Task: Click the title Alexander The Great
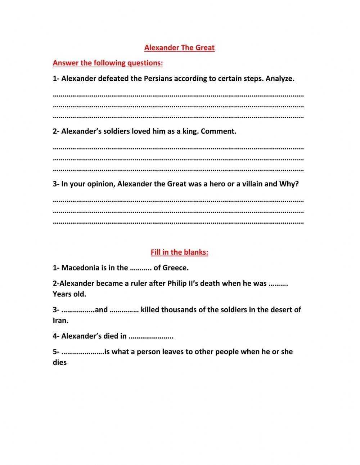coord(179,48)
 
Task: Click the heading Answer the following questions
coord(108,63)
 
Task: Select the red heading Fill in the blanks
coord(179,252)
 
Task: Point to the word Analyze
coord(280,79)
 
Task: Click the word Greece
coord(175,268)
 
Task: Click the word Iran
coord(60,321)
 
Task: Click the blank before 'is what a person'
coord(83,352)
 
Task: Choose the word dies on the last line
coord(60,362)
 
